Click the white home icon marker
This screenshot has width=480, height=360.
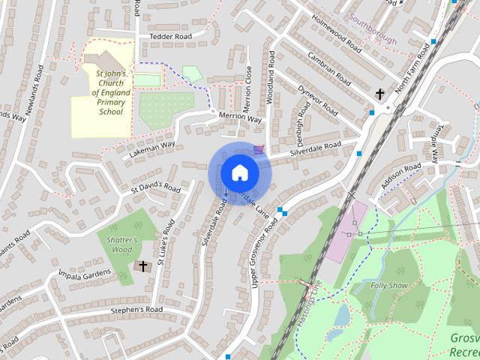pyautogui.click(x=239, y=172)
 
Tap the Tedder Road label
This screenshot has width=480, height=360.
pyautogui.click(x=171, y=36)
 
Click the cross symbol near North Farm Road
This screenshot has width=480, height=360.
pyautogui.click(x=380, y=94)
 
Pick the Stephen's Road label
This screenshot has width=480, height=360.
pyautogui.click(x=136, y=309)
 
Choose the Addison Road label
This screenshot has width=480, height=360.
pyautogui.click(x=400, y=177)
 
